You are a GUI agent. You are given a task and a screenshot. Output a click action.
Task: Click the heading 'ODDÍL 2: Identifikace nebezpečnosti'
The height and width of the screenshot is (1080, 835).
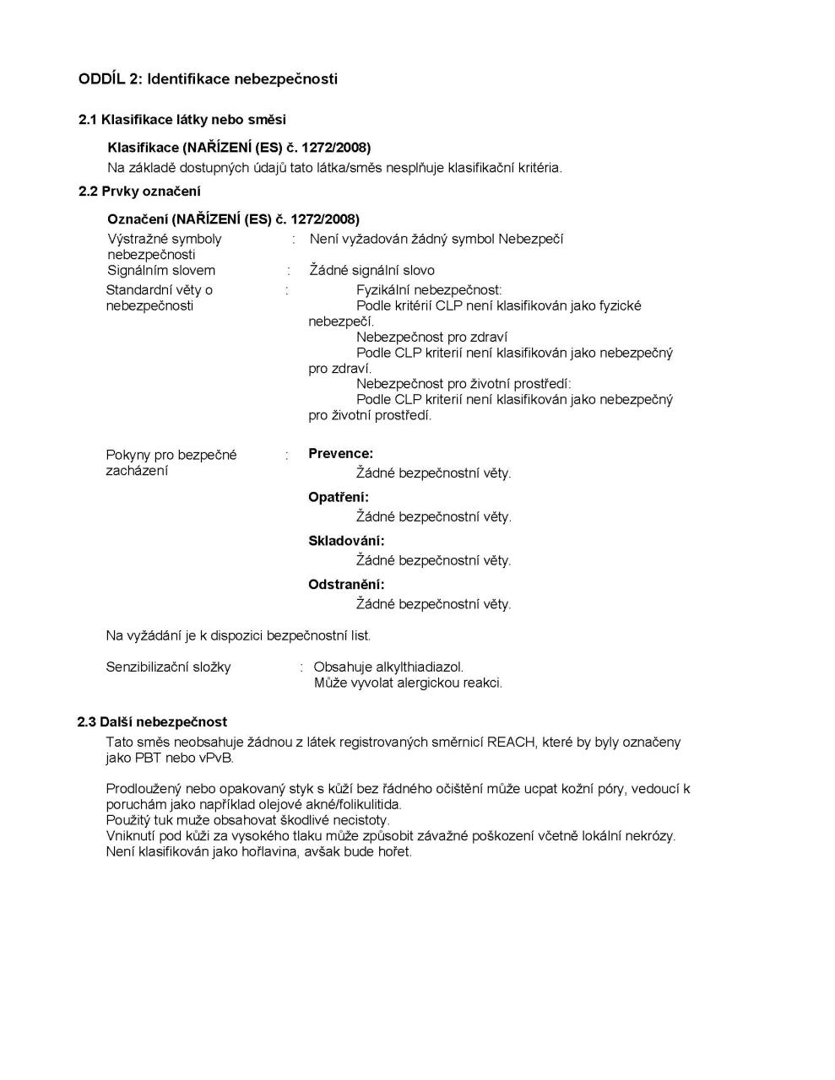point(208,79)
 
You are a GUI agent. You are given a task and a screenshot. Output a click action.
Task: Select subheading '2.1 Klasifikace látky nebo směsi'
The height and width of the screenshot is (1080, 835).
point(182,120)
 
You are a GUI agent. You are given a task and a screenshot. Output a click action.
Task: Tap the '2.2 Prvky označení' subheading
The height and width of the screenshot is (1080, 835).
point(139,192)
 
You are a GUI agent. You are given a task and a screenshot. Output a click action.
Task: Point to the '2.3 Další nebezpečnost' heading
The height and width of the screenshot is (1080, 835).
point(152,722)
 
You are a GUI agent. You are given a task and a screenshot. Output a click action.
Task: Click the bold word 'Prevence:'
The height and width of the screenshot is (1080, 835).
point(340,454)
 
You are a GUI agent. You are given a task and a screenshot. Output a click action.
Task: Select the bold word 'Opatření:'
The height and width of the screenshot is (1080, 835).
point(339,498)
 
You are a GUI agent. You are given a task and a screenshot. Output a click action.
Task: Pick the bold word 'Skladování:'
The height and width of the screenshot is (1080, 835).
point(346,541)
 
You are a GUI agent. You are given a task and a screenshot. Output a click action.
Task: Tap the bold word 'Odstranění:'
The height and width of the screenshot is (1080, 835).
point(346,585)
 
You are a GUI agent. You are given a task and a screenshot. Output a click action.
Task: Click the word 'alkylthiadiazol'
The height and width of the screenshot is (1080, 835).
point(419,667)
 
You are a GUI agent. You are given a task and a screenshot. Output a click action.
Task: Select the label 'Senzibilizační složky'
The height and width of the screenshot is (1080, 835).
point(168,667)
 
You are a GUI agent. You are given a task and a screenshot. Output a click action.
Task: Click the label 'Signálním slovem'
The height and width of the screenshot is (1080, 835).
point(161,271)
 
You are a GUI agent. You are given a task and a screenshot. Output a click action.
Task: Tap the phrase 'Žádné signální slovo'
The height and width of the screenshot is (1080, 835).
point(372,271)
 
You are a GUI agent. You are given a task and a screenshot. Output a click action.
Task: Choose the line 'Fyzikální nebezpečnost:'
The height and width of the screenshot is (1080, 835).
point(429,290)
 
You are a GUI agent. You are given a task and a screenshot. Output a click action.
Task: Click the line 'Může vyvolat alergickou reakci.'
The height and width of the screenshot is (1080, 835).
point(408,683)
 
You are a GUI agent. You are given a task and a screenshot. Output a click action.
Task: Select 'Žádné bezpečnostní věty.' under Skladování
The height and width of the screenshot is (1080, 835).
point(433,561)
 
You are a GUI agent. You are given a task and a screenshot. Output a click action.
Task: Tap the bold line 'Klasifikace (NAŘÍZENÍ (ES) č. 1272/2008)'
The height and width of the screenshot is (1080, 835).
point(239,148)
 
